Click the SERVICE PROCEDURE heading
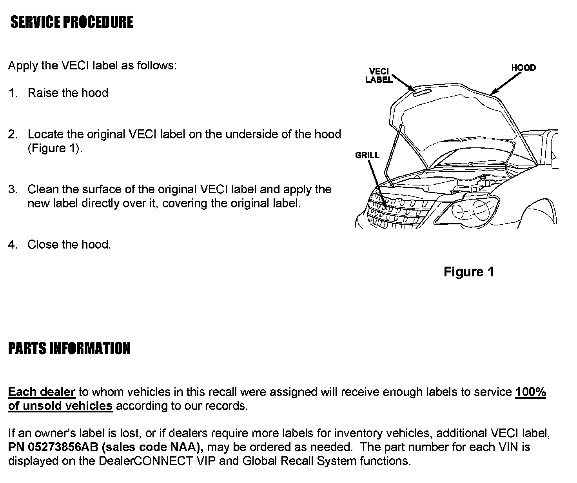coord(72,22)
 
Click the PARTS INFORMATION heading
coord(69,348)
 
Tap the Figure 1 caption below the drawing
coord(468,272)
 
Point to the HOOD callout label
coord(523,68)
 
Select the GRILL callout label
coord(367,155)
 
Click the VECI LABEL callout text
coord(379,75)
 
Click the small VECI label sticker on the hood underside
coord(422,92)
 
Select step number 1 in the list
coord(13,93)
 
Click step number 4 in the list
coord(13,245)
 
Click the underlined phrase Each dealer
coord(42,392)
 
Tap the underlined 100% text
coord(530,392)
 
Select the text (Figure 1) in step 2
coord(55,148)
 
